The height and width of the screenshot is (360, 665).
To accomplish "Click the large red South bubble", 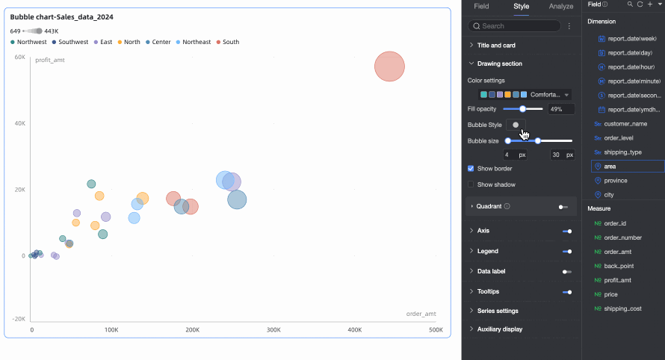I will point(389,66).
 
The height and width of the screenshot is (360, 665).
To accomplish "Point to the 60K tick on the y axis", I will point(20,57).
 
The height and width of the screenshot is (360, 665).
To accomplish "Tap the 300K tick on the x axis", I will point(273,329).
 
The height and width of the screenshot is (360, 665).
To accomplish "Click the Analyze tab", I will point(561,6).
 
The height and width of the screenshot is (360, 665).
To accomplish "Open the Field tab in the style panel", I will point(481,6).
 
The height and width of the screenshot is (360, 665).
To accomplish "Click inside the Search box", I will point(516,26).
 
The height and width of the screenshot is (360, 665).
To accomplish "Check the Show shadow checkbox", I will point(471,184).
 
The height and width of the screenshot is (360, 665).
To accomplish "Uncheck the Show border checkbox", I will point(471,169).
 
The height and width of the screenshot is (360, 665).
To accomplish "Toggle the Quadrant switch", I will point(563,206).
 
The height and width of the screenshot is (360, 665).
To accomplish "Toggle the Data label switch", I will point(566,272).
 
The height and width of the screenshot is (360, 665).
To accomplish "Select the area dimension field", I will point(610,167).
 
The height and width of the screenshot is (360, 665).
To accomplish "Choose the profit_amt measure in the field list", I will point(617,280).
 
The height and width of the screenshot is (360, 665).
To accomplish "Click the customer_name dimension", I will point(625,124).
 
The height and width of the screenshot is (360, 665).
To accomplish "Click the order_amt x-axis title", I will point(421,314).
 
